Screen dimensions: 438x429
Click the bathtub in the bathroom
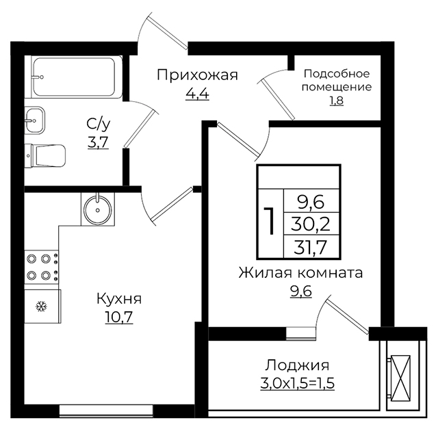(x=73, y=77)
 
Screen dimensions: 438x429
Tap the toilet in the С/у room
(x=45, y=156)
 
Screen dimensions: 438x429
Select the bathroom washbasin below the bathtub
(x=35, y=120)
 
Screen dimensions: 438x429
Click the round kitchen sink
(x=97, y=209)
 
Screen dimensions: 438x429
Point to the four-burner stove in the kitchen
(x=42, y=268)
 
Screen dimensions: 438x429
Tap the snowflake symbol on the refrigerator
(x=42, y=307)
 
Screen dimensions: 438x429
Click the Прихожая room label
(x=197, y=75)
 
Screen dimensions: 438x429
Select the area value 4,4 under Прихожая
(x=197, y=94)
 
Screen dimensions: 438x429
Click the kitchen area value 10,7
(x=118, y=317)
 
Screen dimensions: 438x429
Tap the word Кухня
(x=119, y=299)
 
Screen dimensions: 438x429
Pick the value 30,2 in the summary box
(x=311, y=224)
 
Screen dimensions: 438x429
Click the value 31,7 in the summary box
(x=310, y=247)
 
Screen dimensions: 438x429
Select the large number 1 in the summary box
(x=270, y=220)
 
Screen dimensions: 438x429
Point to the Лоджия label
(x=297, y=366)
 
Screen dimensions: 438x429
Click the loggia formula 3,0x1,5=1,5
(x=298, y=383)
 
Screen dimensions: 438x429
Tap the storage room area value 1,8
(x=337, y=101)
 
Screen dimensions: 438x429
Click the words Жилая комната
(x=300, y=273)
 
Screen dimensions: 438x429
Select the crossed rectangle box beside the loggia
(x=400, y=377)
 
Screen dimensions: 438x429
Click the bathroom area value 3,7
(x=98, y=142)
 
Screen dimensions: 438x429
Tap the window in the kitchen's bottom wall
(x=106, y=411)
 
